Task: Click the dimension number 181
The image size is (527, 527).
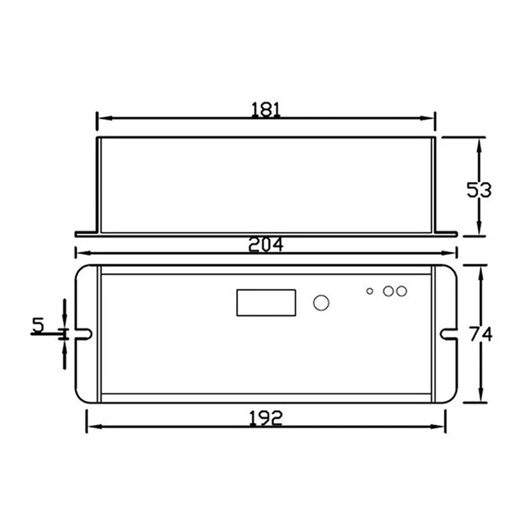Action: pyautogui.click(x=266, y=110)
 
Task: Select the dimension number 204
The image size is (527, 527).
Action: pyautogui.click(x=266, y=244)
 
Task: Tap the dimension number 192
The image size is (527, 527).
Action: pyautogui.click(x=266, y=419)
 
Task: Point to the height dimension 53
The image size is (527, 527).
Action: pyautogui.click(x=479, y=190)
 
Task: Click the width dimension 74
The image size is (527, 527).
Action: pyautogui.click(x=481, y=334)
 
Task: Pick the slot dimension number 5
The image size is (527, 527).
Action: pyautogui.click(x=38, y=325)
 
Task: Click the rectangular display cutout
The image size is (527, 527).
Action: pyautogui.click(x=266, y=302)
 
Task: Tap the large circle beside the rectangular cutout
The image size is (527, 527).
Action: pyautogui.click(x=321, y=302)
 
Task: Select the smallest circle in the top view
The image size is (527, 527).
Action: pyautogui.click(x=370, y=291)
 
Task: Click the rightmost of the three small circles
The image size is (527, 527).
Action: pyautogui.click(x=401, y=291)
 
